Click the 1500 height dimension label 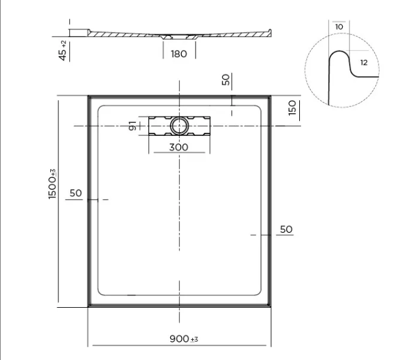tap(52, 188)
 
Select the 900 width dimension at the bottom tap(179, 339)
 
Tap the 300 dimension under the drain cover tap(179, 147)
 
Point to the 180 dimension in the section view tap(179, 53)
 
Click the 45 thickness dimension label tap(62, 55)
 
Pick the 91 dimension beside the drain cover tap(132, 126)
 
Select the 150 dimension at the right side tap(292, 108)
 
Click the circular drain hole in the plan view tap(179, 126)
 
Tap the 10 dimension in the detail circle tap(339, 26)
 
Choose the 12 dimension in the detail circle tap(364, 62)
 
